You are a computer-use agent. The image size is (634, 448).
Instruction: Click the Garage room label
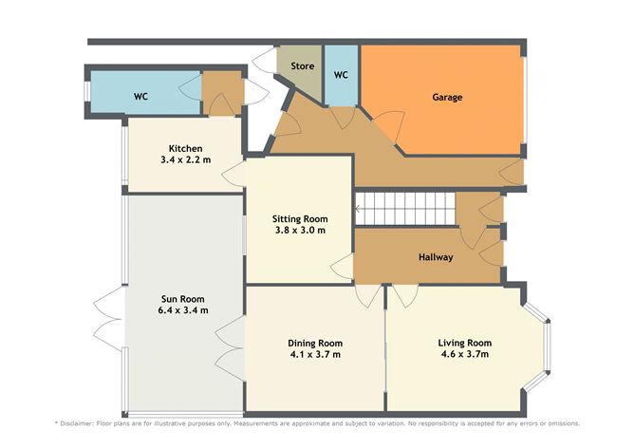[x=447, y=97]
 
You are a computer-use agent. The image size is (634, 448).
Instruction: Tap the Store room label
[x=302, y=66]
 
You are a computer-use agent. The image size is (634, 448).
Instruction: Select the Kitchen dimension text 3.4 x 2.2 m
[x=185, y=161]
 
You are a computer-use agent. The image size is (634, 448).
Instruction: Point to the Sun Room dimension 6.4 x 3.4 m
[x=184, y=310]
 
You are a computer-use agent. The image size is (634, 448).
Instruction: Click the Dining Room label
[x=315, y=343]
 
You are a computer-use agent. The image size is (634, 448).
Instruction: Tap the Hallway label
[x=436, y=257]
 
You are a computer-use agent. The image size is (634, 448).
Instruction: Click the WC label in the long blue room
[x=140, y=97]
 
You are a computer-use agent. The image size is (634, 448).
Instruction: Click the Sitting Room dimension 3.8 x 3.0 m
[x=301, y=231]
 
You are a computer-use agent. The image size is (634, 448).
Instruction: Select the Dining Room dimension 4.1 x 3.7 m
[x=315, y=355]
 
